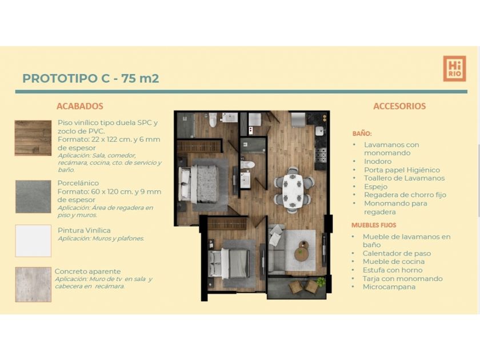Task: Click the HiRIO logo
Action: pyautogui.click(x=455, y=69)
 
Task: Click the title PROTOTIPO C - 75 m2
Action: pyautogui.click(x=91, y=78)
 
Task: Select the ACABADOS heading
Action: pyautogui.click(x=80, y=106)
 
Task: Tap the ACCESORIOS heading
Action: pyautogui.click(x=399, y=106)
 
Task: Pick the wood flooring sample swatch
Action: pyautogui.click(x=33, y=138)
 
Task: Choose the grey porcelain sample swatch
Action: pyautogui.click(x=33, y=197)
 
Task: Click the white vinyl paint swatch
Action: pyautogui.click(x=33, y=241)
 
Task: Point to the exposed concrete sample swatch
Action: pyautogui.click(x=33, y=285)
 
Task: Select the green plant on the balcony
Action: pyautogui.click(x=321, y=282)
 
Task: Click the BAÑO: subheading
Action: pyautogui.click(x=362, y=134)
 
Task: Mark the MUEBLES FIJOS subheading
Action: pyautogui.click(x=374, y=225)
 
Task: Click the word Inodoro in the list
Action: pyautogui.click(x=378, y=161)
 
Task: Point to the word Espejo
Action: pyautogui.click(x=375, y=187)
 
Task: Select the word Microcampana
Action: pyautogui.click(x=389, y=287)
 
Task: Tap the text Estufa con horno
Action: pyautogui.click(x=393, y=270)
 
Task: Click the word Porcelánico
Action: pyautogui.click(x=78, y=183)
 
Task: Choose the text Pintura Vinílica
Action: pyautogui.click(x=84, y=230)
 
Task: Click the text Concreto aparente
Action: pyautogui.click(x=87, y=271)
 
